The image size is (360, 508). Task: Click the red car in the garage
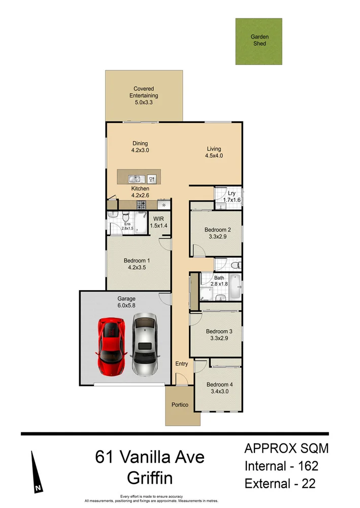click(x=111, y=346)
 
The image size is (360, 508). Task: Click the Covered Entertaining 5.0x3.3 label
click(x=144, y=96)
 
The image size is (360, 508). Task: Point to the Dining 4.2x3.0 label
click(x=140, y=147)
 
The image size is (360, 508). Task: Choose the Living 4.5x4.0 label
click(x=214, y=152)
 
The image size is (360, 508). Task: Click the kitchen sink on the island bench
click(x=135, y=179)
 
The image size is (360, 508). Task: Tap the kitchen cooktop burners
click(x=141, y=205)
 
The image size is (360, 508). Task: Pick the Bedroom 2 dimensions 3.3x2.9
click(x=215, y=236)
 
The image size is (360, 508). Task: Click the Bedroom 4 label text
click(x=218, y=384)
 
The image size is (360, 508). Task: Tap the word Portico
click(x=180, y=405)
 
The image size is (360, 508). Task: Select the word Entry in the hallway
click(x=181, y=364)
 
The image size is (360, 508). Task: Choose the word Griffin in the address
click(x=150, y=478)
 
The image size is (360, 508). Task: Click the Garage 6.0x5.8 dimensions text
click(x=126, y=306)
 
